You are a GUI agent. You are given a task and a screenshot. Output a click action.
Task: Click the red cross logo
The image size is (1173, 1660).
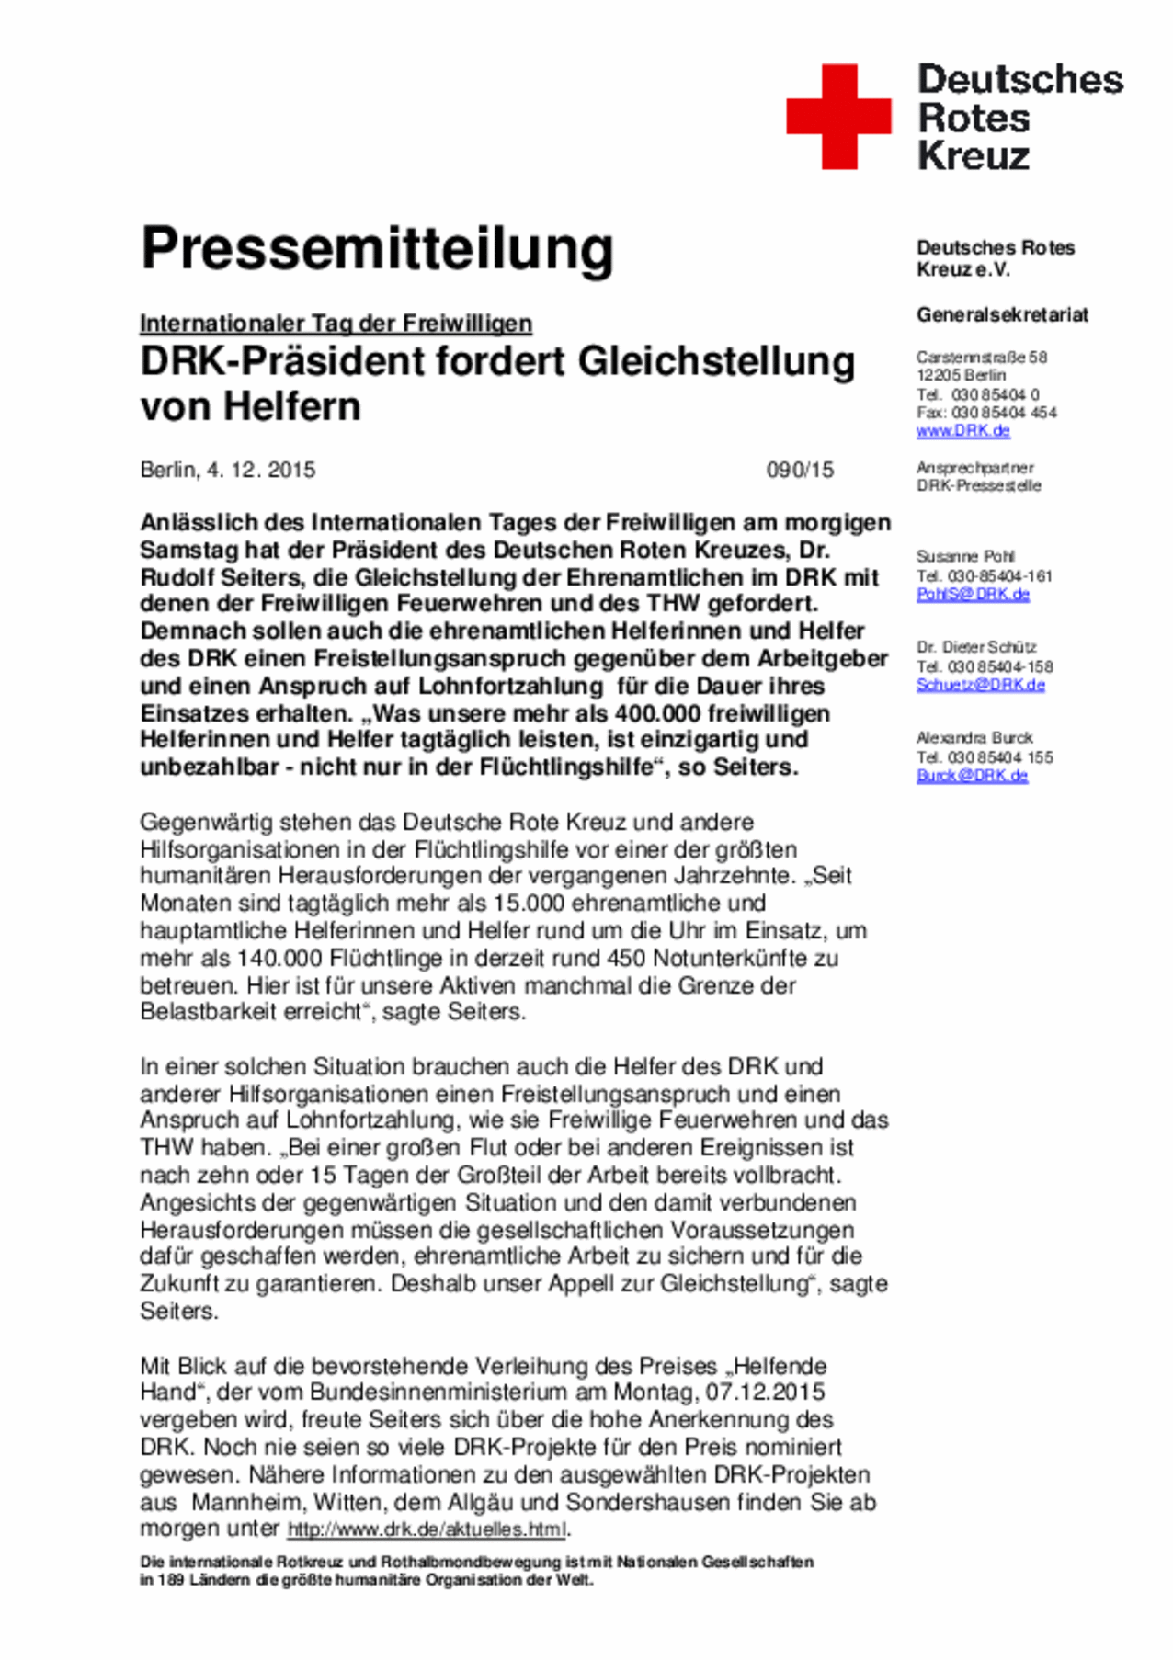point(838,117)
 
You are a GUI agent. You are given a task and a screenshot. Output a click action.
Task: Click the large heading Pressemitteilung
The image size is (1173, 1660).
point(377,249)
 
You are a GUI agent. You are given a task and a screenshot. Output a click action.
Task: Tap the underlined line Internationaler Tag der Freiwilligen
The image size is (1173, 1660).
point(336,324)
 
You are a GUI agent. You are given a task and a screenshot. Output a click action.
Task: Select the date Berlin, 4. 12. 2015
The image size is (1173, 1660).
point(227,470)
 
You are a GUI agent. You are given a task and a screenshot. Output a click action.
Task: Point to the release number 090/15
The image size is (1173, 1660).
point(800,470)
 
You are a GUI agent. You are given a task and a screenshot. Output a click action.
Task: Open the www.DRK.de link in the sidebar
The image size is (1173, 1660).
point(962,430)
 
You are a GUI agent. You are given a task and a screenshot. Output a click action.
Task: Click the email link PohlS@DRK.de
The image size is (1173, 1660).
point(973,594)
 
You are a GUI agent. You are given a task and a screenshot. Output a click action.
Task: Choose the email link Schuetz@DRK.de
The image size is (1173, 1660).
point(980,685)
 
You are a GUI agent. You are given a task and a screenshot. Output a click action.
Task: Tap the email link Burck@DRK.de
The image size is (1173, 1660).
point(972,776)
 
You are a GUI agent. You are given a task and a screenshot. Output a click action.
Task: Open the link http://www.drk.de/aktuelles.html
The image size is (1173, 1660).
point(427,1529)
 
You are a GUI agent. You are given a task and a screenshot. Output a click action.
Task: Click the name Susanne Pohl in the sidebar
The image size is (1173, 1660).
point(964,556)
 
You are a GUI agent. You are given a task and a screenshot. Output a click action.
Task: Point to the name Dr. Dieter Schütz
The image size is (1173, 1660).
point(975,647)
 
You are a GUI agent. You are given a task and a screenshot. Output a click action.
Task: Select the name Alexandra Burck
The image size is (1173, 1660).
point(974,737)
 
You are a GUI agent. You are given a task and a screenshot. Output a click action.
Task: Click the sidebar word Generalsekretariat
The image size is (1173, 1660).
point(1002,314)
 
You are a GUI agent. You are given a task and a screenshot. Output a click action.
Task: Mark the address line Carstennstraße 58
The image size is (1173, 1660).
point(981,357)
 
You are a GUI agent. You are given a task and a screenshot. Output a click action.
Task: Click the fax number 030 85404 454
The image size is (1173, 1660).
point(1004,413)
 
